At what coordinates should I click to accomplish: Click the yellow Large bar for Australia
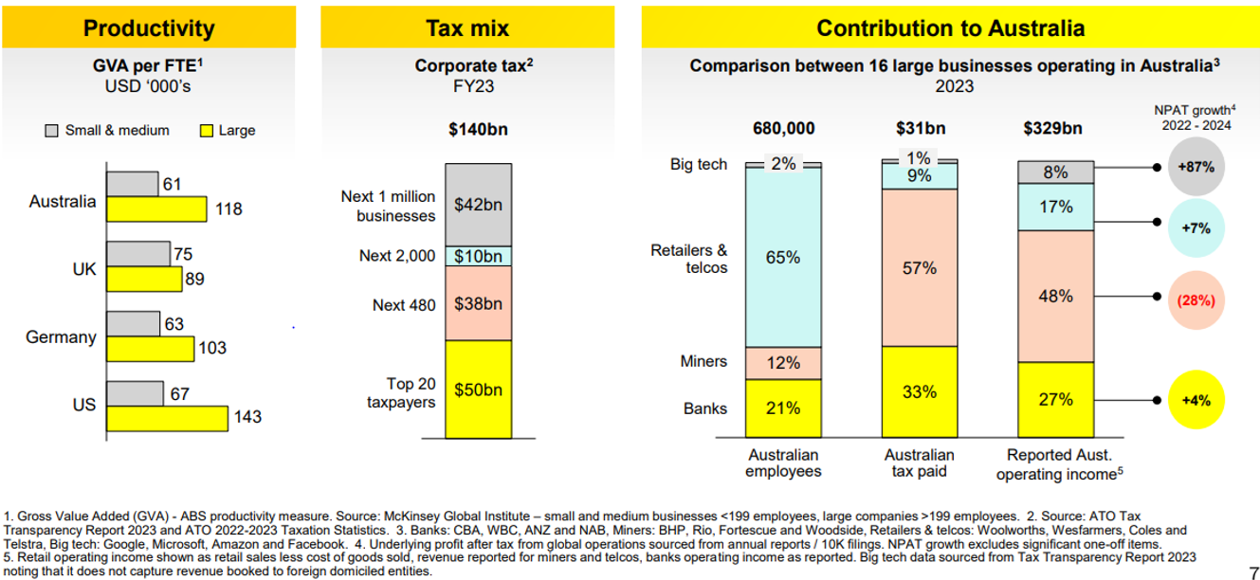coord(155,208)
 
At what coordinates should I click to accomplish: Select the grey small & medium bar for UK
coord(137,254)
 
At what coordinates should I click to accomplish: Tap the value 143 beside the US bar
coord(247,417)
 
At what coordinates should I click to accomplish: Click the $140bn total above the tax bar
coord(478,129)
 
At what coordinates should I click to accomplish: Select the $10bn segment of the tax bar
coord(478,256)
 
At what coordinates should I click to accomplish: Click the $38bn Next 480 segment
coord(478,303)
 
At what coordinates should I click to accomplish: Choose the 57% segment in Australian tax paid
coord(919,268)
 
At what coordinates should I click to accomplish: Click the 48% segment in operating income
coord(1055,296)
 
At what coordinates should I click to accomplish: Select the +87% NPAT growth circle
coord(1196,166)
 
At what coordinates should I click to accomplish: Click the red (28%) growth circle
coord(1196,299)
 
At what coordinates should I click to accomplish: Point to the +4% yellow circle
coord(1196,400)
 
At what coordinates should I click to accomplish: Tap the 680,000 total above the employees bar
coord(782,129)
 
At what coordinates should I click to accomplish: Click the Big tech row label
coord(699,165)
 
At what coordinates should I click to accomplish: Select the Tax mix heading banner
coord(478,28)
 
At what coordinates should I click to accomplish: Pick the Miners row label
coord(703,361)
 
